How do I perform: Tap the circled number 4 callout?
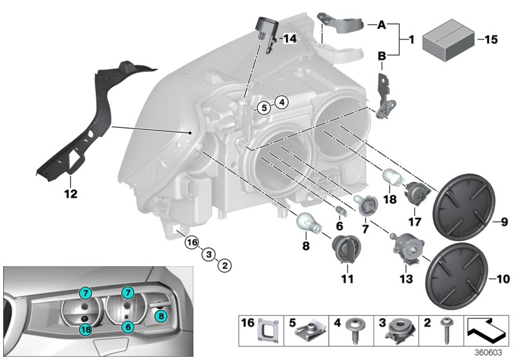point(281,102)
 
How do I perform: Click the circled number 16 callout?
point(190,242)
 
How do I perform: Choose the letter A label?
point(380,25)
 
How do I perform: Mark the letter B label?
point(380,57)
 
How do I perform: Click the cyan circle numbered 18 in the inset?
point(85,329)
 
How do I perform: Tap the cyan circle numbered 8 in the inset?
point(161,315)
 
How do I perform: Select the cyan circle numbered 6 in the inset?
point(128,327)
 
